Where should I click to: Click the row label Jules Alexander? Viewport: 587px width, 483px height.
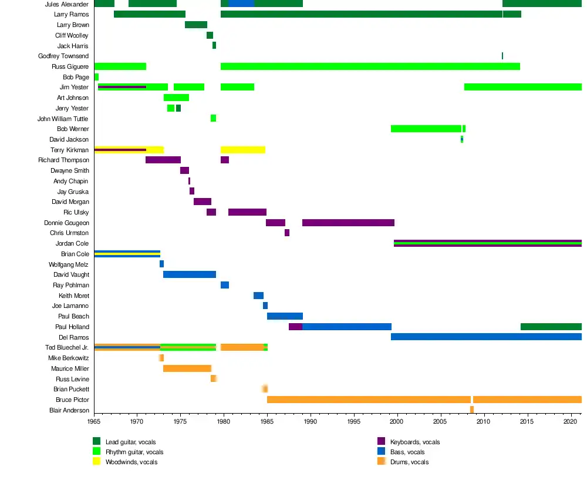66,4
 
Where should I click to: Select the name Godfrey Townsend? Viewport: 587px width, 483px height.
63,56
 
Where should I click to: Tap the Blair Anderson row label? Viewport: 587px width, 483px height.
69,410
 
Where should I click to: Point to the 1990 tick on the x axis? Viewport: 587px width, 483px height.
310,421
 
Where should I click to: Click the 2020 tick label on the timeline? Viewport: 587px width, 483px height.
571,421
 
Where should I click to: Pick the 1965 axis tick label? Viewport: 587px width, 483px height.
94,421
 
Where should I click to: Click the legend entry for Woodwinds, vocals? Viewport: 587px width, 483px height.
131,462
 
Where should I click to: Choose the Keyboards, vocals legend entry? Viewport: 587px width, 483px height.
414,442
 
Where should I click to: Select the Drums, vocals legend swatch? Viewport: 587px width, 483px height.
381,462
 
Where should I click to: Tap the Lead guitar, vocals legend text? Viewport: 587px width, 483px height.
130,442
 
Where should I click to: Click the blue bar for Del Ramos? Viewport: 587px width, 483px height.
486,337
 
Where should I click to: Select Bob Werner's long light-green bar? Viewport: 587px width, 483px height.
426,129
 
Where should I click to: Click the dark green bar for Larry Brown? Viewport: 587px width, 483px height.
196,25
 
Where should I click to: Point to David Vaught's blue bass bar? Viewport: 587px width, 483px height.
190,274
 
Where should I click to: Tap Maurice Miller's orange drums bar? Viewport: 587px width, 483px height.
187,368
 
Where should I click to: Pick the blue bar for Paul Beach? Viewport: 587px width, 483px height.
285,316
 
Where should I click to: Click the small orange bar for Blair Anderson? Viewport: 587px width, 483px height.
471,410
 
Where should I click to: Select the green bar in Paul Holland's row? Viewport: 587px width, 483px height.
551,327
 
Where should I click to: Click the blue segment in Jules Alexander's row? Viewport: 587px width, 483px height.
241,4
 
